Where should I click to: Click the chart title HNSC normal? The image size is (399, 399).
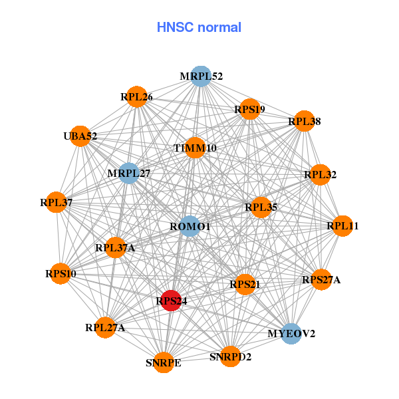[x=199, y=27]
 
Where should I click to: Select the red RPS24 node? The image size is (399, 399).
[x=171, y=301]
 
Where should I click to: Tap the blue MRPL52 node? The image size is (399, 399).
[x=200, y=76]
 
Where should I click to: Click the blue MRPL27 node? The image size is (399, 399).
[x=128, y=173]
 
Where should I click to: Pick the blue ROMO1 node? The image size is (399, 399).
[x=190, y=226]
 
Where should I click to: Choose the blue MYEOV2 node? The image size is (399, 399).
[x=291, y=333]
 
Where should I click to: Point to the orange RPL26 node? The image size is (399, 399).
[x=136, y=96]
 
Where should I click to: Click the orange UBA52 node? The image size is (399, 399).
[x=80, y=136]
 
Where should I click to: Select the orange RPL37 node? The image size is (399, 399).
[x=57, y=201]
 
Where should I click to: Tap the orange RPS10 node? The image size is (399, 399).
[x=61, y=273]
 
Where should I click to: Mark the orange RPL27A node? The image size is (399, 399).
[x=105, y=327]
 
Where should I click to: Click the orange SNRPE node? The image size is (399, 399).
[x=163, y=362]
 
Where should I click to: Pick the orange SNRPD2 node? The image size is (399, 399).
[x=230, y=356]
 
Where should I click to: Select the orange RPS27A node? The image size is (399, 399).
[x=321, y=279]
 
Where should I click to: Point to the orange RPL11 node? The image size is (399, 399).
[x=342, y=226]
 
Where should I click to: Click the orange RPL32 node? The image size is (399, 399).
[x=321, y=175]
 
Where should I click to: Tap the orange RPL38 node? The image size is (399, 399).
[x=304, y=121]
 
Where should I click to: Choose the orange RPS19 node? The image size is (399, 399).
[x=249, y=109]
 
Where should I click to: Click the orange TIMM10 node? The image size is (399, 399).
[x=195, y=148]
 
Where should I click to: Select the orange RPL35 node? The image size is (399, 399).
[x=261, y=207]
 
